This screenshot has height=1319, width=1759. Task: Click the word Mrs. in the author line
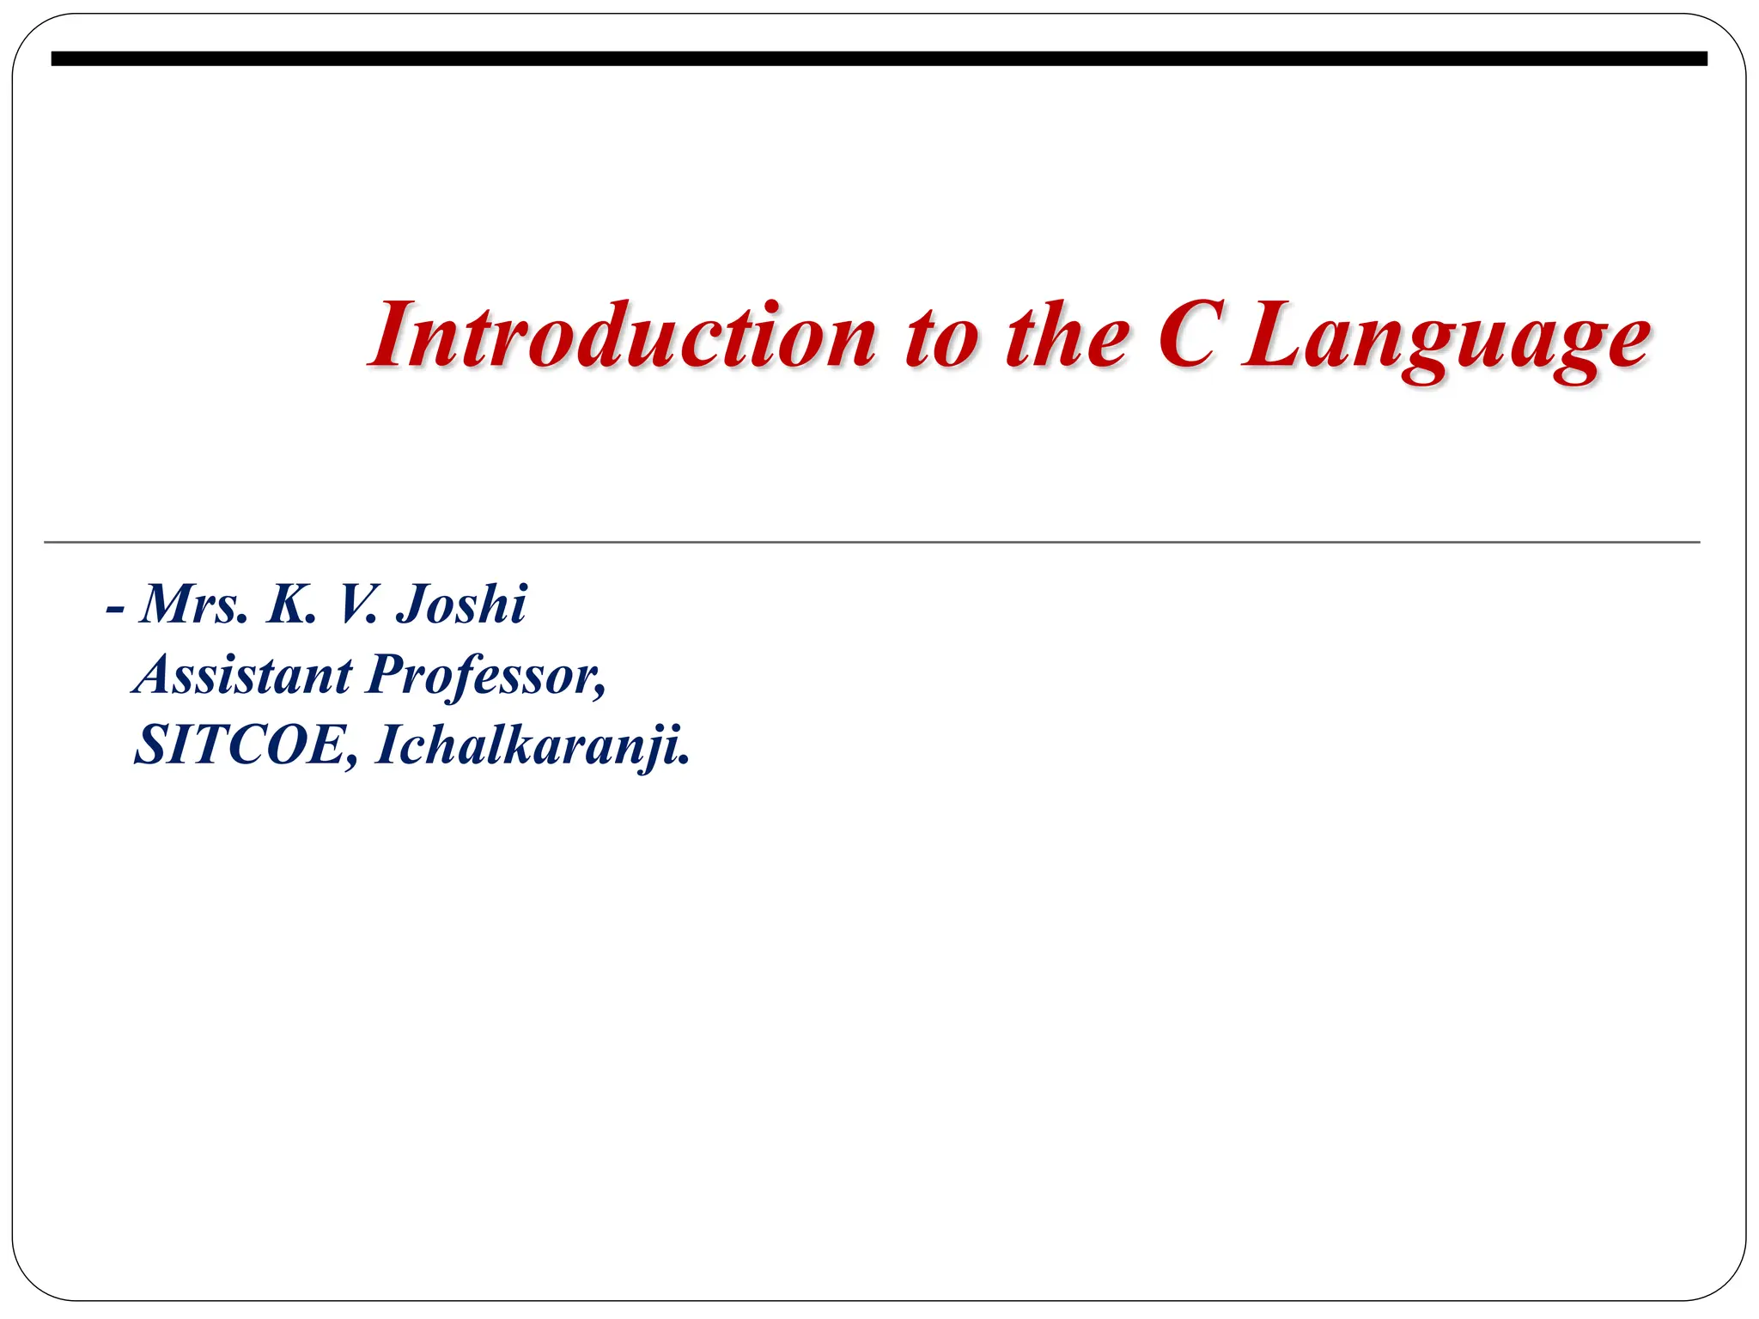[x=194, y=605]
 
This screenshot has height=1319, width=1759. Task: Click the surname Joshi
[x=460, y=605]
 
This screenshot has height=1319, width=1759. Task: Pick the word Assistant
[x=244, y=675]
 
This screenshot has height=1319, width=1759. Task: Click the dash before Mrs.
[x=115, y=609]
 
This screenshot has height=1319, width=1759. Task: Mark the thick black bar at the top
[x=879, y=58]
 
